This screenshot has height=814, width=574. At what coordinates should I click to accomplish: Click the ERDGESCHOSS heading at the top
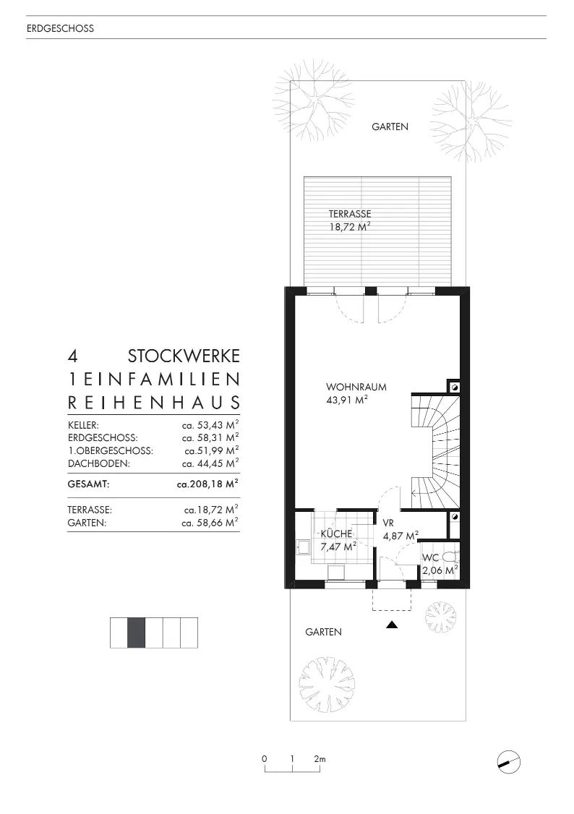pos(60,30)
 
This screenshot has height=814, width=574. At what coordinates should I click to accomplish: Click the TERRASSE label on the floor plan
pos(350,214)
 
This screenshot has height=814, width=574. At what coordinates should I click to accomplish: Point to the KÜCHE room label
pos(336,534)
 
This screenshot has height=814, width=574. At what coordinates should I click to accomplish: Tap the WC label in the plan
pos(430,557)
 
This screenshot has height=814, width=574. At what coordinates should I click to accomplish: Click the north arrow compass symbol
pos(510,761)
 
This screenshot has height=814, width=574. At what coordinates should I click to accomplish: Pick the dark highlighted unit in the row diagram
pos(137,633)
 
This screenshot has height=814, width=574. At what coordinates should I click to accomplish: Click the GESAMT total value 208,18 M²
pos(208,485)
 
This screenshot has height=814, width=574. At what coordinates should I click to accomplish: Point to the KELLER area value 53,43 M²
pos(210,425)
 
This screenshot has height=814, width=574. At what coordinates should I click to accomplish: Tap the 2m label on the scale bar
pos(320,759)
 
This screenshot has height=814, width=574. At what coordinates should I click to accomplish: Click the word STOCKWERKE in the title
pos(184,356)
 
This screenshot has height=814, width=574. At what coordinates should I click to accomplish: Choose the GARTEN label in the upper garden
pos(390,127)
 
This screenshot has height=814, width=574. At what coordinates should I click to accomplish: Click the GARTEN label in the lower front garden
pos(323,632)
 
